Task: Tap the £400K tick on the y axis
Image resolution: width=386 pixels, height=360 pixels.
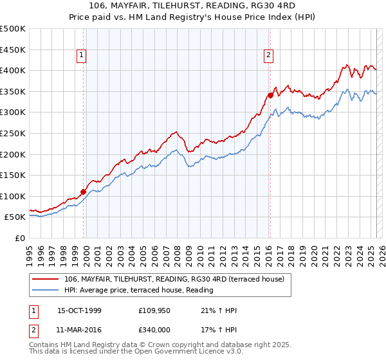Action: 13,71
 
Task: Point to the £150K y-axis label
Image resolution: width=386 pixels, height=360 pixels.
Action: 13,175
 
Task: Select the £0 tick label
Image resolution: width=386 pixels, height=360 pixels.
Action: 19,238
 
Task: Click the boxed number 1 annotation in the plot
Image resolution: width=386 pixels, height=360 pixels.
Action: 82,56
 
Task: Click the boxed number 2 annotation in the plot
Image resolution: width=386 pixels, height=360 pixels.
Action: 268,56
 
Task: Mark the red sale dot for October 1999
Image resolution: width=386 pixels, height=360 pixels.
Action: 84,192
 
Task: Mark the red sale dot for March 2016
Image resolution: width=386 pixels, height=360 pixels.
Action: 270,95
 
